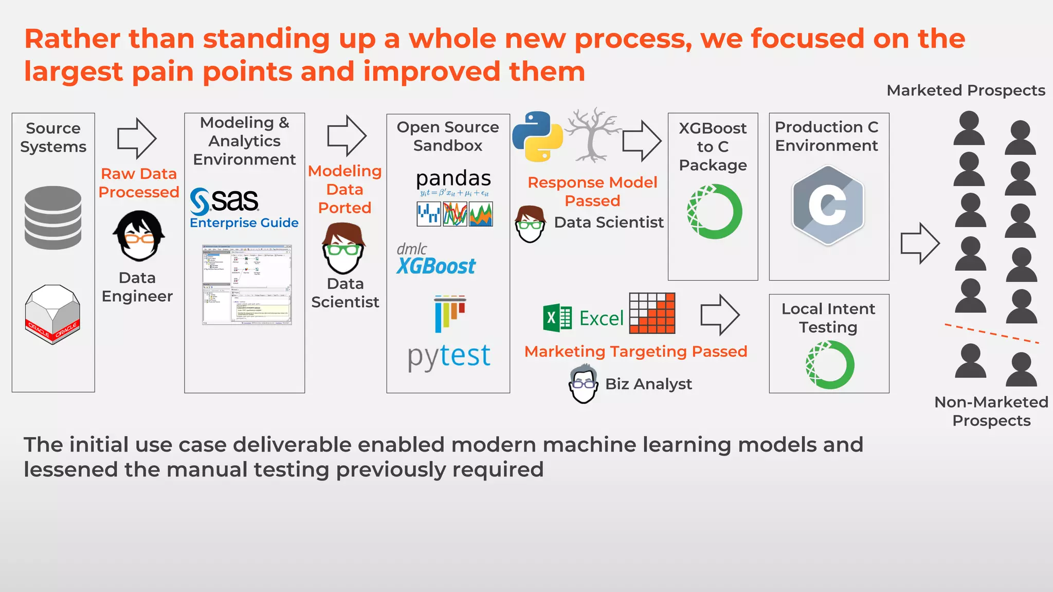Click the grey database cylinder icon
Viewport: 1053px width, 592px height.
(53, 218)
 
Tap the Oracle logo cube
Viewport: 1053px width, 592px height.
(52, 314)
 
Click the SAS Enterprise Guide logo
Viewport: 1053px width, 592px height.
(243, 208)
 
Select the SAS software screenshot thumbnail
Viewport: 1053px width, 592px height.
(247, 284)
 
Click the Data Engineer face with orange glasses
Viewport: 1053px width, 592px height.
(138, 236)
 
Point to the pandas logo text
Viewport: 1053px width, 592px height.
(453, 179)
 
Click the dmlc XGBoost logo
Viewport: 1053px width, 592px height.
(435, 260)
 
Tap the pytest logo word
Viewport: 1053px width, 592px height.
(449, 356)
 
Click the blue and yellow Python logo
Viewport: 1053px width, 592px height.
(537, 136)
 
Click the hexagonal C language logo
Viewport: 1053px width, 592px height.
(828, 205)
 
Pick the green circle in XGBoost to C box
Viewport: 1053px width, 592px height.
(714, 211)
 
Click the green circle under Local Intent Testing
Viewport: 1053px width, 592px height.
(829, 365)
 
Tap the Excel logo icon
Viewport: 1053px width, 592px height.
(557, 318)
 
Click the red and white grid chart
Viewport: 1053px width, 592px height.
(652, 313)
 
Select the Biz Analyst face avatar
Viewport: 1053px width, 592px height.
(584, 384)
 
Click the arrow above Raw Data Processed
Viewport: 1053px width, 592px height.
(136, 138)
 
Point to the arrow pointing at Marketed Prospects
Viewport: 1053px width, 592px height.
(920, 243)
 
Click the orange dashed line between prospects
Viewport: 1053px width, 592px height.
(991, 334)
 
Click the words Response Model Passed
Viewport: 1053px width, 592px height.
(592, 191)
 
